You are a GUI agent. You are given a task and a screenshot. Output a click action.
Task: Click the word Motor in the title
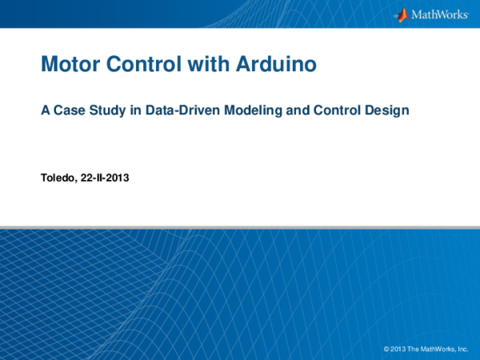[68, 64]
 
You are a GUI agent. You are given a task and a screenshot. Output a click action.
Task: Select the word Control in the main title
[141, 64]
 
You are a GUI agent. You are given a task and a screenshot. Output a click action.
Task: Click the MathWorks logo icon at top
[400, 14]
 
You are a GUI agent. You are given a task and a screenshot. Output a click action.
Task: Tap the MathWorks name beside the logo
[439, 15]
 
